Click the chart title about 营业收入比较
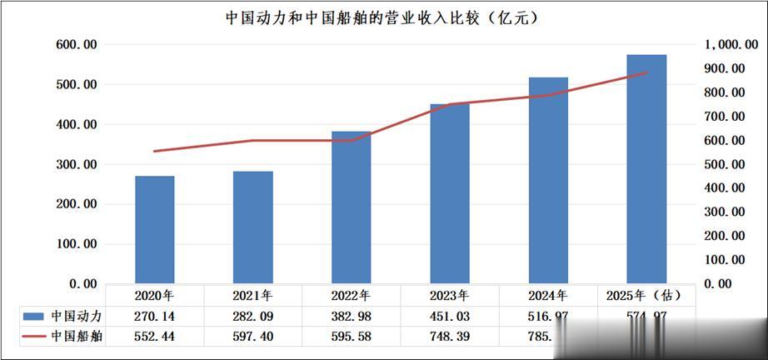tap(382, 17)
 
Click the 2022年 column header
tap(352, 295)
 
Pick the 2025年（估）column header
tap(646, 295)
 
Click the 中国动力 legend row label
tap(76, 316)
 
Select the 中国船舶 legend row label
tap(76, 337)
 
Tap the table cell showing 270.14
tap(155, 316)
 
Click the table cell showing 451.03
tap(450, 316)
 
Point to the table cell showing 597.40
tap(253, 337)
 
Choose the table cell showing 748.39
tap(450, 337)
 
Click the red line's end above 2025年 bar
tap(646, 72)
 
